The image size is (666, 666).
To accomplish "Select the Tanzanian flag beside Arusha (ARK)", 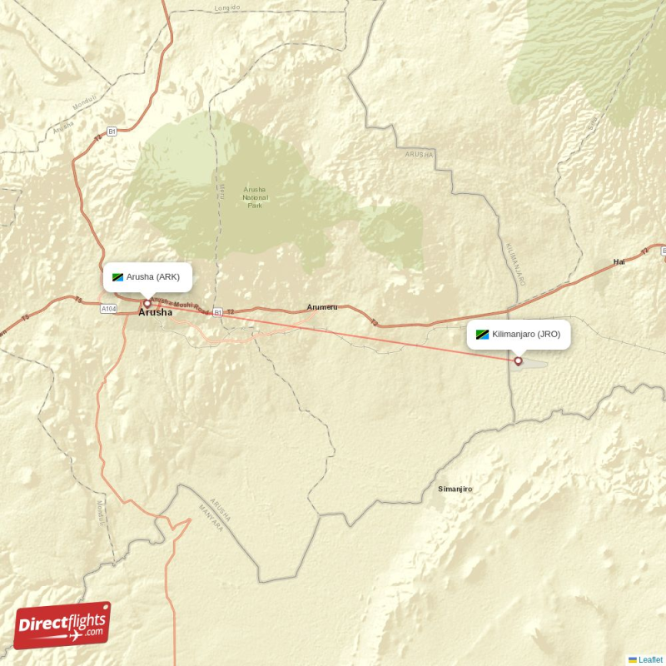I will click(117, 277).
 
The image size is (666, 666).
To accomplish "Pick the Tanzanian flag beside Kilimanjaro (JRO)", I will click(482, 335).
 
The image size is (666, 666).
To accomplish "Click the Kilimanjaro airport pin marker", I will click(519, 360).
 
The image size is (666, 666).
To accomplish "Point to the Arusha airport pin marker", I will click(147, 303).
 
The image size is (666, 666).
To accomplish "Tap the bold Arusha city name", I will click(156, 313).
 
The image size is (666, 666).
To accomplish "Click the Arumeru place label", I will click(322, 307).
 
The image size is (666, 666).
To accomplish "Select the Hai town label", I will click(619, 261).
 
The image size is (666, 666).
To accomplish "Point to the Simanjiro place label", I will click(455, 489).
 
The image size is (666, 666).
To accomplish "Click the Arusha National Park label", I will click(255, 196).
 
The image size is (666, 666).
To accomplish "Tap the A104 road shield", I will click(108, 309).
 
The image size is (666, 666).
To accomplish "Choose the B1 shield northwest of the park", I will click(112, 132).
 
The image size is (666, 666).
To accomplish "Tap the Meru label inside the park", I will click(223, 191).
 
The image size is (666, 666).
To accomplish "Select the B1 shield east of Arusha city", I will click(217, 312).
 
